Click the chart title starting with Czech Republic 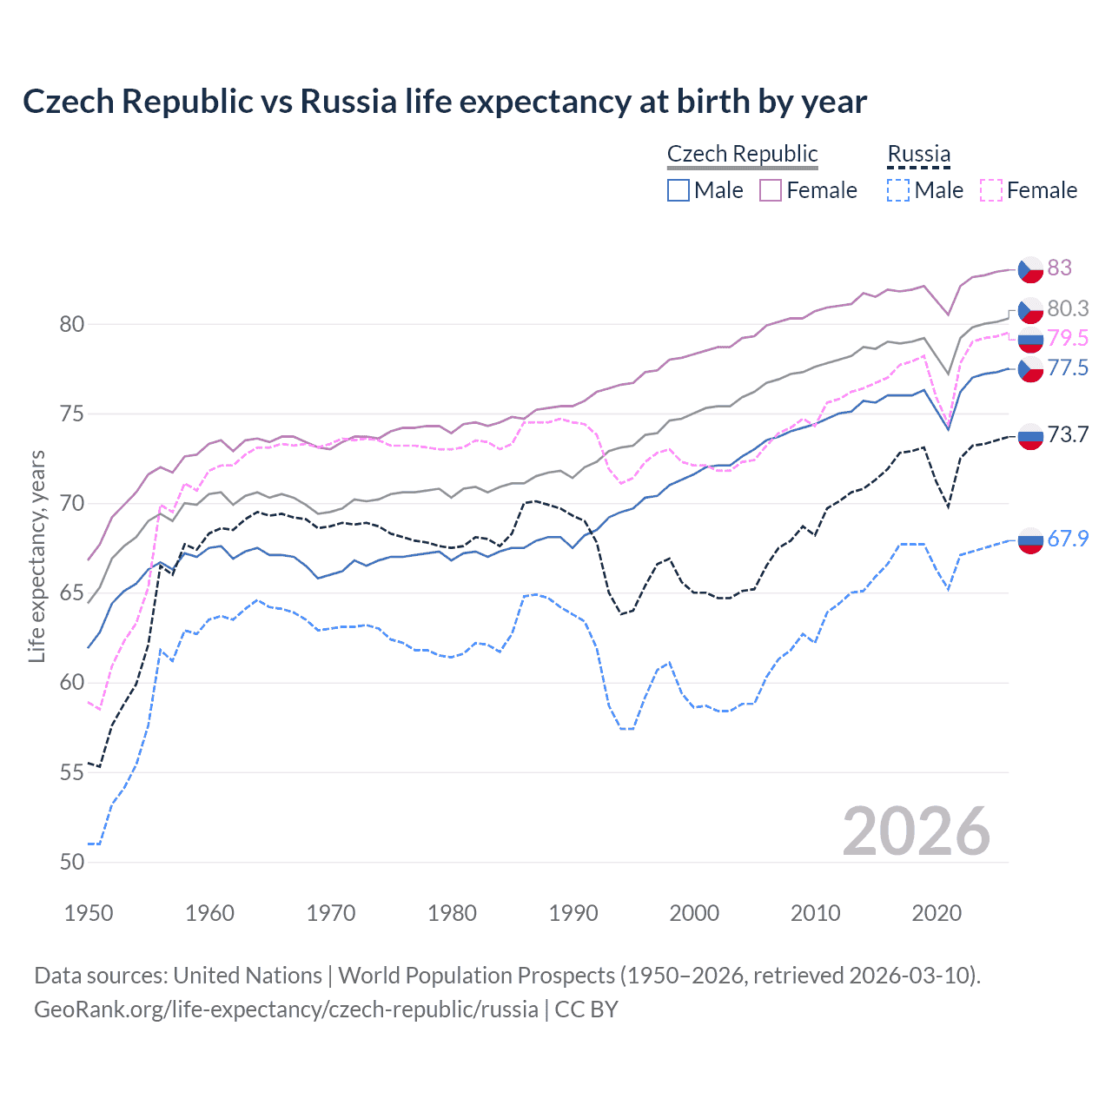(x=444, y=102)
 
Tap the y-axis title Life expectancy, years (x=36, y=556)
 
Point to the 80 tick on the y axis (x=72, y=324)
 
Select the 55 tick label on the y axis (x=72, y=772)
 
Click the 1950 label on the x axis (x=89, y=913)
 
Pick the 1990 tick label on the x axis (x=573, y=913)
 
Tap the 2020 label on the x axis (x=937, y=913)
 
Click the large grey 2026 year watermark (x=916, y=831)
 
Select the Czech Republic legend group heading (x=742, y=154)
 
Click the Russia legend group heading (x=918, y=154)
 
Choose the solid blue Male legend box (x=678, y=190)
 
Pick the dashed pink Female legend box (x=991, y=190)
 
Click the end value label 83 (x=1059, y=268)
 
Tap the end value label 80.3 (x=1068, y=308)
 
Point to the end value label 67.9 (x=1068, y=539)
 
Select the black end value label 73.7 (x=1068, y=434)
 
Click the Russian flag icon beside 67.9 (x=1030, y=539)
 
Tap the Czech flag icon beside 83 (x=1030, y=269)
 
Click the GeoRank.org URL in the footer (x=286, y=1009)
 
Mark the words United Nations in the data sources (x=248, y=976)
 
